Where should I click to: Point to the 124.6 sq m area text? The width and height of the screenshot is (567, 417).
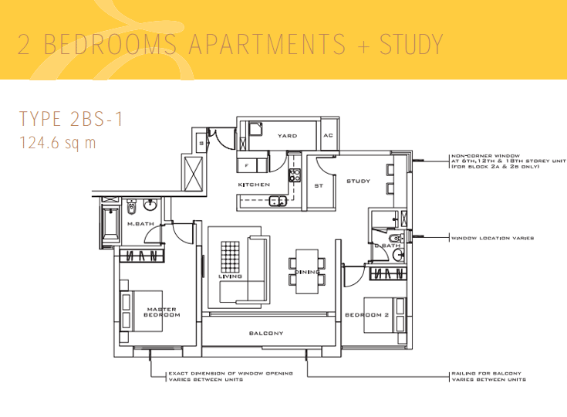58,143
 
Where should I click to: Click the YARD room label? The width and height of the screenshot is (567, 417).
287,136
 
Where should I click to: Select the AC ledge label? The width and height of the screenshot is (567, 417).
328,136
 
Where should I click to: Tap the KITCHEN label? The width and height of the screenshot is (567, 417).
254,185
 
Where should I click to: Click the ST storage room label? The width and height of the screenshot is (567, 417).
318,186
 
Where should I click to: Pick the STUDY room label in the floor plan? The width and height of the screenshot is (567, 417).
359,181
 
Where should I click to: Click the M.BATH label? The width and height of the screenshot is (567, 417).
141,224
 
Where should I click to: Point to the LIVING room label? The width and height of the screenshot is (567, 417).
230,276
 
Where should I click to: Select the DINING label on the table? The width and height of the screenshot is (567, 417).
307,272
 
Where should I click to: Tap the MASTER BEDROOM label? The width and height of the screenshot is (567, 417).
162,312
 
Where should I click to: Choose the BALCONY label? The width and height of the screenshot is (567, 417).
266,334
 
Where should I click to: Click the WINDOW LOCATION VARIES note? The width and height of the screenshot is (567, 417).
492,239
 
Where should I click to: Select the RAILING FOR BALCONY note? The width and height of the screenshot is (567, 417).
488,376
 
